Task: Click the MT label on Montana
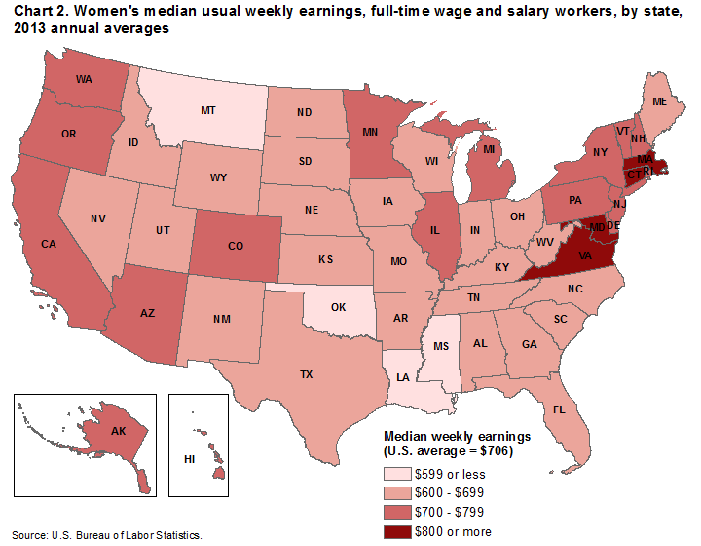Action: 207,111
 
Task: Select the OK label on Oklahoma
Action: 339,304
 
